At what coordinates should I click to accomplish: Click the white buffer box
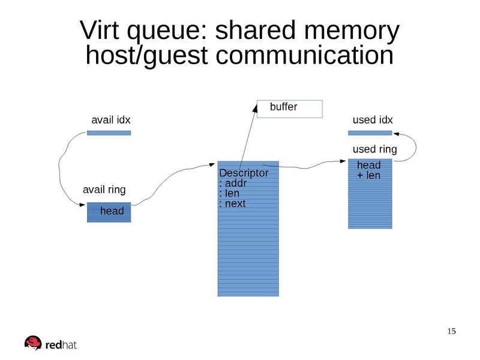290,109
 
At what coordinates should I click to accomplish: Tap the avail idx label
110,120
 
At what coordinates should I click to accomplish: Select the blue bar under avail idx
109,133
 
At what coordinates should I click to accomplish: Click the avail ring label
104,190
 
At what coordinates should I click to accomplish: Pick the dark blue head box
109,212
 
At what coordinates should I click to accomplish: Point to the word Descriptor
244,173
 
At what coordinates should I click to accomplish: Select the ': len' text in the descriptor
230,194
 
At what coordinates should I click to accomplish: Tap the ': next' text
233,203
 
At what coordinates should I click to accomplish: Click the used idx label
373,120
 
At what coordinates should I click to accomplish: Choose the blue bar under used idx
370,133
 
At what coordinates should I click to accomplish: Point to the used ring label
374,149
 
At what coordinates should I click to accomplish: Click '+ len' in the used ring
368,175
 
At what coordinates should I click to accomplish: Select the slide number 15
452,332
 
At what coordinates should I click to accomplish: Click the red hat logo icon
33,343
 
